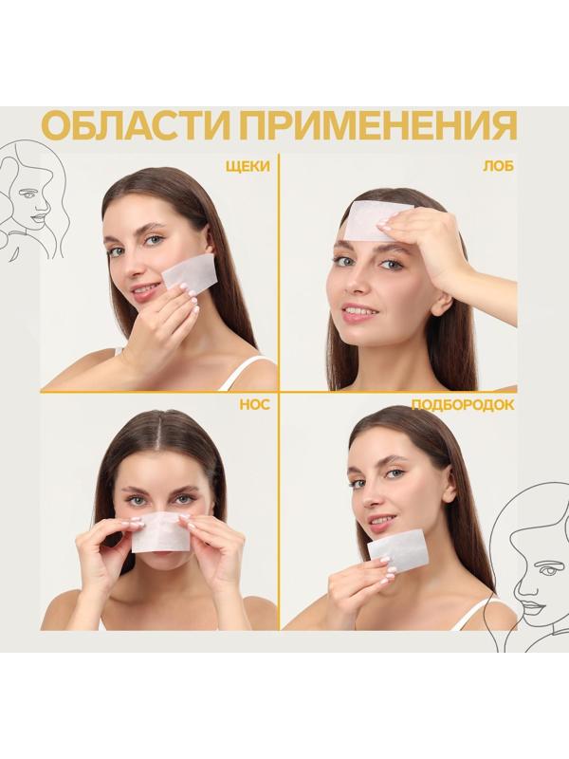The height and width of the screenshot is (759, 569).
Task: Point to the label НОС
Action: tap(255, 404)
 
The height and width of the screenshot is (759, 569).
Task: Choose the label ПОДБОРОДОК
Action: tap(463, 404)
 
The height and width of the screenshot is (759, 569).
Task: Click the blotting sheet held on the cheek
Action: tap(190, 273)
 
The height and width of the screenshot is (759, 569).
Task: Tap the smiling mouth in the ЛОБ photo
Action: tap(360, 311)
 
